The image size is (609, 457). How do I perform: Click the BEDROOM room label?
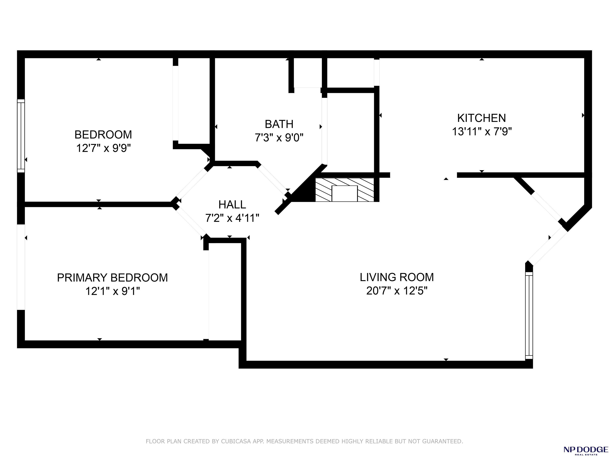click(x=103, y=135)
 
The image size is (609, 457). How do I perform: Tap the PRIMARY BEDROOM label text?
click(x=112, y=278)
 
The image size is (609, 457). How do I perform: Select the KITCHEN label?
click(x=482, y=118)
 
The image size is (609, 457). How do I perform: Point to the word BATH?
click(x=279, y=124)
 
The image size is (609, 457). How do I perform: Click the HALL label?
click(x=232, y=205)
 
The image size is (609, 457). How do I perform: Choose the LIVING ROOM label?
click(x=397, y=277)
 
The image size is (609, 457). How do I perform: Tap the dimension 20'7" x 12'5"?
click(x=397, y=291)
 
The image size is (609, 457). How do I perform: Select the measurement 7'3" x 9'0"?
click(x=279, y=137)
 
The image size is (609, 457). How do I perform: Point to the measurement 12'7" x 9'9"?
click(x=103, y=148)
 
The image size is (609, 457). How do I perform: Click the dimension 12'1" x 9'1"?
click(x=113, y=291)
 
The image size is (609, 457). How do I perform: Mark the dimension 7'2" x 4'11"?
click(x=232, y=218)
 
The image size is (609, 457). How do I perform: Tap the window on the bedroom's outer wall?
click(x=21, y=136)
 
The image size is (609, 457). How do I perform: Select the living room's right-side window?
click(x=529, y=315)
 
